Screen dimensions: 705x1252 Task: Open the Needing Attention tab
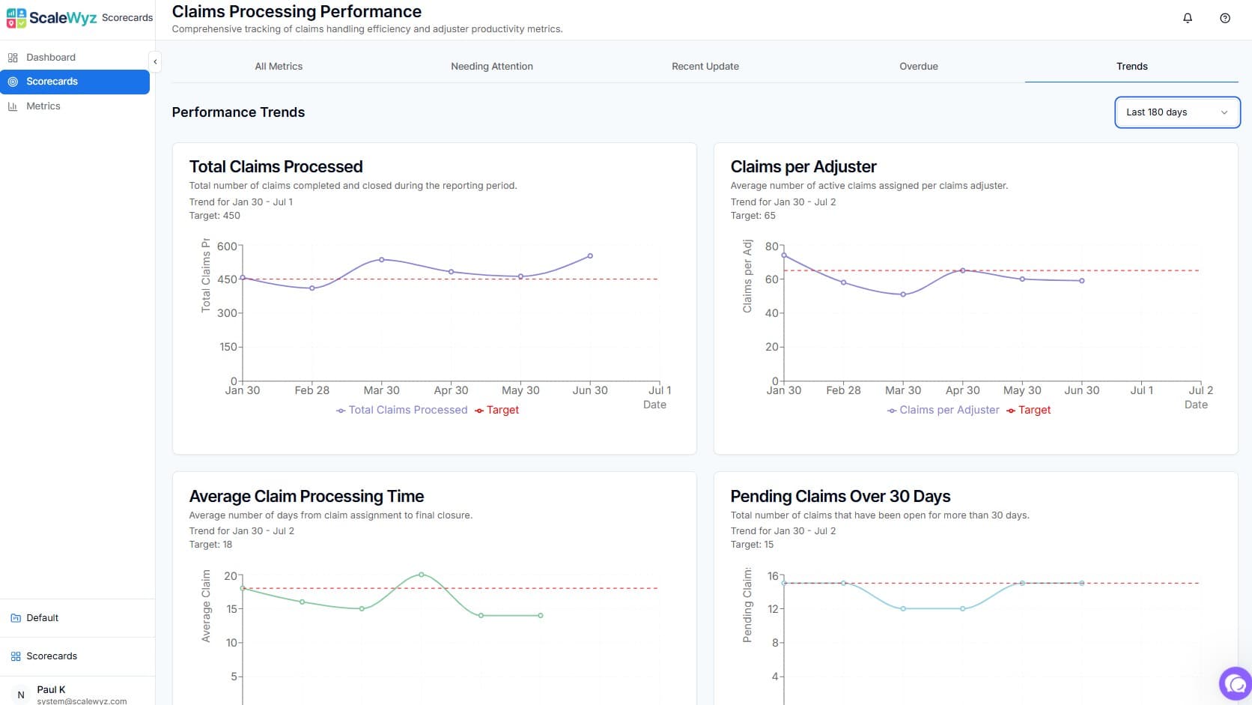492,66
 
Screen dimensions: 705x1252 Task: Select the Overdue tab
918,66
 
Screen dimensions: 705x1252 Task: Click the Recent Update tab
705,66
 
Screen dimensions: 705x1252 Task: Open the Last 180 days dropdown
1176,112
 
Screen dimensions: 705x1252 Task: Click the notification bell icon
1188,18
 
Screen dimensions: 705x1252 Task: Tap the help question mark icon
1225,18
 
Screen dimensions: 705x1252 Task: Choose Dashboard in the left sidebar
50,57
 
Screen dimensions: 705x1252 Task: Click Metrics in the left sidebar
43,106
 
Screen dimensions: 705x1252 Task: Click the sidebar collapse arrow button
155,61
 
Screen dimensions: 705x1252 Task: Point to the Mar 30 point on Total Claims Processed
382,260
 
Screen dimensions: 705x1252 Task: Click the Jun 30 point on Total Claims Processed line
590,256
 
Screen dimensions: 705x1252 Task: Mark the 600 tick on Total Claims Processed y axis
227,246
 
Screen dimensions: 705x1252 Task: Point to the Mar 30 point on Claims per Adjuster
903,294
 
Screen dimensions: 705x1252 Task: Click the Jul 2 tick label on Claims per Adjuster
1200,390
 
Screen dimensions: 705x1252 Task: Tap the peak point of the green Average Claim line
422,575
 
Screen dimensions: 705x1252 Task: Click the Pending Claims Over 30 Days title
840,496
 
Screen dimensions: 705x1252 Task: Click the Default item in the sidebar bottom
42,618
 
